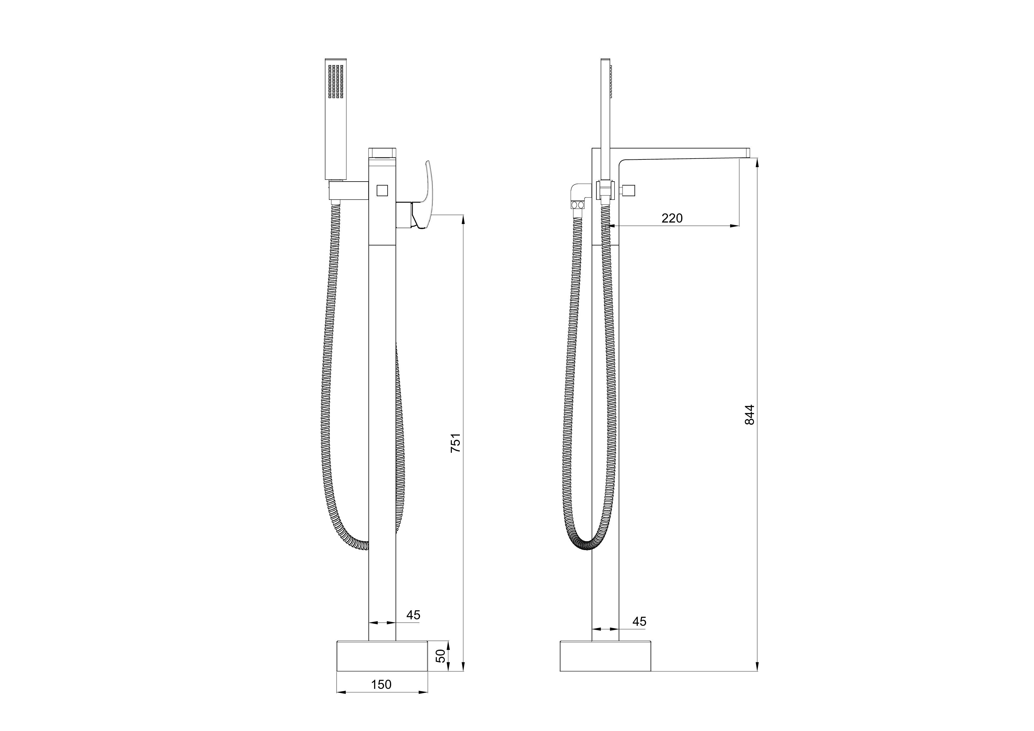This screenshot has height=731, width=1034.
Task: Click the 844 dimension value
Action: (x=749, y=415)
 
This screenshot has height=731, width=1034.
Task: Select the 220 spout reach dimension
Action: (x=672, y=218)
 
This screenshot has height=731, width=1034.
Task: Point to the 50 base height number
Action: (x=441, y=656)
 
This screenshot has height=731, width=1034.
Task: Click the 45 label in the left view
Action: (x=413, y=615)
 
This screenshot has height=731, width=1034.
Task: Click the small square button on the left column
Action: (x=382, y=190)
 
